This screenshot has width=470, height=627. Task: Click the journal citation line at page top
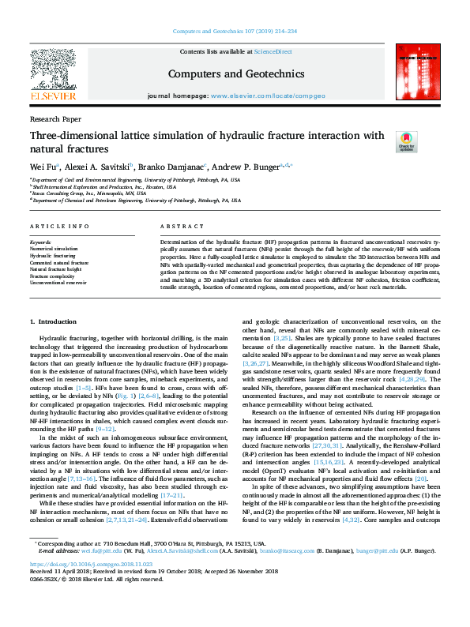click(x=235, y=32)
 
